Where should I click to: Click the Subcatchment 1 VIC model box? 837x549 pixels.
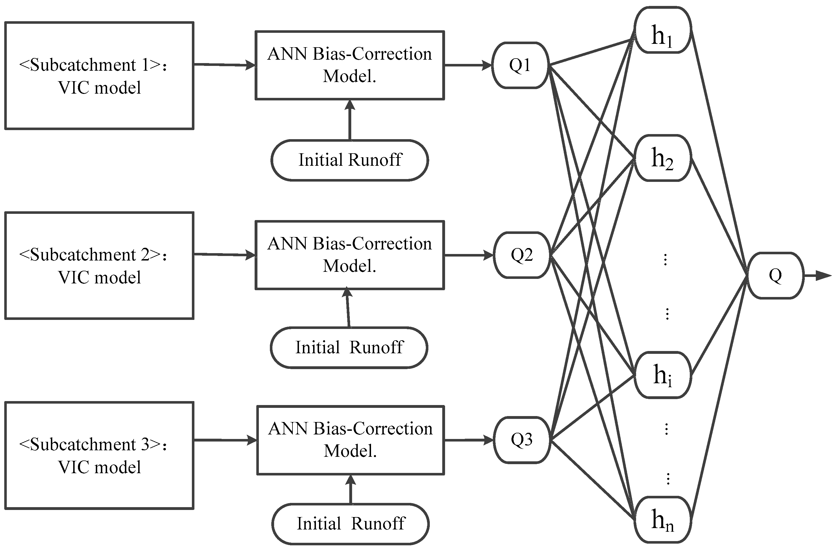[99, 76]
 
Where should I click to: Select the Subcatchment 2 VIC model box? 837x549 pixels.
[99, 266]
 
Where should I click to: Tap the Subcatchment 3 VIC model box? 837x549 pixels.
[99, 455]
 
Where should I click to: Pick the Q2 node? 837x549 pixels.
[522, 255]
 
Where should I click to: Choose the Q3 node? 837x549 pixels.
[522, 440]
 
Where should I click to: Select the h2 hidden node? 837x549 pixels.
[663, 158]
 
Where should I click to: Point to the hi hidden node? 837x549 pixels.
[663, 375]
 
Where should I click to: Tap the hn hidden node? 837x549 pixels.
[663, 520]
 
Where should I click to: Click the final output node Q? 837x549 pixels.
[775, 275]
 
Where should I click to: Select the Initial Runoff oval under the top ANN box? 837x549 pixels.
[350, 160]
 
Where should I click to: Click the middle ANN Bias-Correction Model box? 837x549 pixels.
[350, 255]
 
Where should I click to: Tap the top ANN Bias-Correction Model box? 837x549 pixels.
[350, 65]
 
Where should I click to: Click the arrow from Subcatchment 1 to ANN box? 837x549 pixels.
[225, 65]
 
